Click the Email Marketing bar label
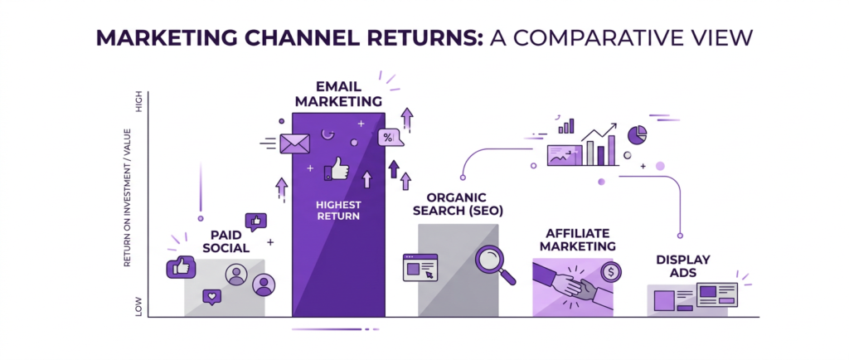click(337, 93)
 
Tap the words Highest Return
click(338, 210)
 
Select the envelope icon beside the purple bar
click(294, 144)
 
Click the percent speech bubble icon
click(387, 138)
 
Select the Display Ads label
click(683, 265)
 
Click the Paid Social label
click(225, 241)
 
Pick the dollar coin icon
click(611, 271)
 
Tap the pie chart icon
click(637, 134)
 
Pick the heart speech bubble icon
click(212, 297)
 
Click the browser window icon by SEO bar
click(420, 268)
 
